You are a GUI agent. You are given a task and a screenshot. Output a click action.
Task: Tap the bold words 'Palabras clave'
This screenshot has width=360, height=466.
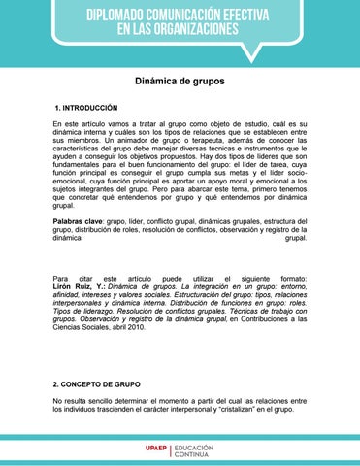(78, 221)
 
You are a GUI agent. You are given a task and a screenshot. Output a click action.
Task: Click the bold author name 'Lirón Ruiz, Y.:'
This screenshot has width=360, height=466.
(80, 289)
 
